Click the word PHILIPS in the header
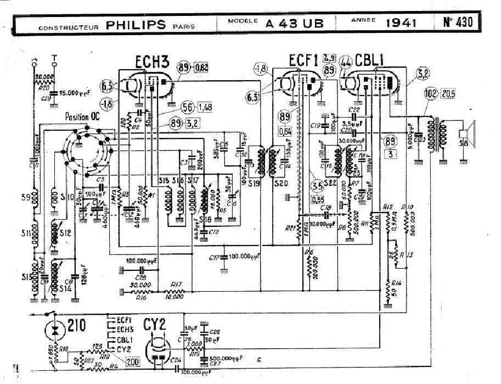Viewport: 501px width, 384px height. [x=136, y=24]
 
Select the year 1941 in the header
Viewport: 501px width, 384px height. [x=401, y=24]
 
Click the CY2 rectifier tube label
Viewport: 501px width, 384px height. [x=155, y=324]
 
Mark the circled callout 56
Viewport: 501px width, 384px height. [x=188, y=106]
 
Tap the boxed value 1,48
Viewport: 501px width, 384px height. [x=205, y=106]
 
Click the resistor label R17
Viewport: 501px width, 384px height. [x=176, y=284]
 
